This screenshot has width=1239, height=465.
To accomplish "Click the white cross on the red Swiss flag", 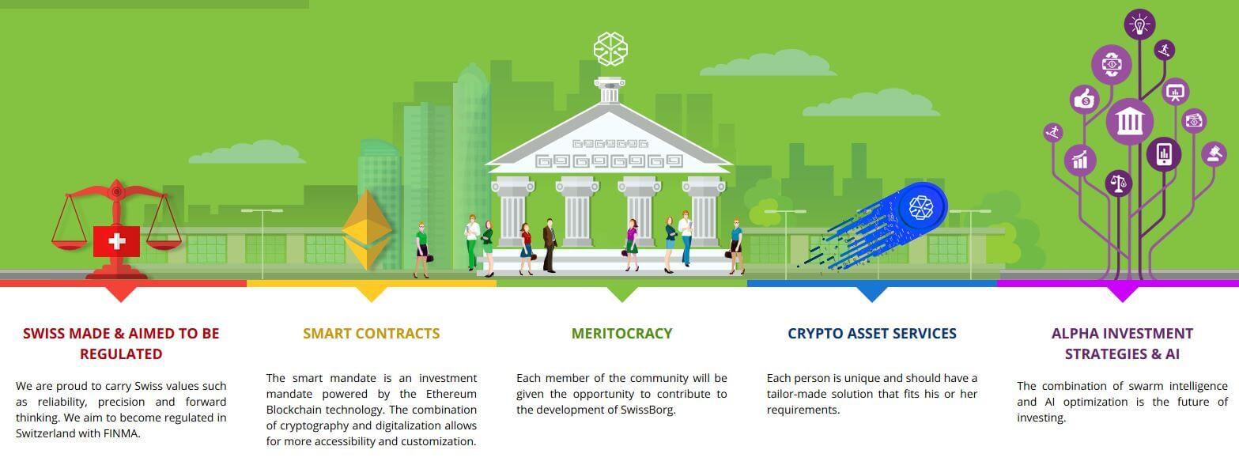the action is click(x=116, y=241).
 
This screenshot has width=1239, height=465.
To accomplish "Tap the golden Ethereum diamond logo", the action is click(x=367, y=229).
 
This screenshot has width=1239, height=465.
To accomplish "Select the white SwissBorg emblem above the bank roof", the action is click(x=610, y=49).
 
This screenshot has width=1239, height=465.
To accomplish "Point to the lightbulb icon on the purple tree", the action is click(x=1139, y=25).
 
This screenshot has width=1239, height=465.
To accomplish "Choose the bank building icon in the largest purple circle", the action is click(x=1129, y=122).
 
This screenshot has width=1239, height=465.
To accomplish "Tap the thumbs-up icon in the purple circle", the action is click(x=1084, y=100).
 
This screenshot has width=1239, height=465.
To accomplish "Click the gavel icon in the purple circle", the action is click(x=1214, y=153).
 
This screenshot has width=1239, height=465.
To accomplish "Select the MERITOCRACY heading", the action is click(x=621, y=334).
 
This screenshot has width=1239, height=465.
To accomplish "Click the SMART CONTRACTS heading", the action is click(x=371, y=334).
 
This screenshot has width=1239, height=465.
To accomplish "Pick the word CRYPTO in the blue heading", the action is click(x=811, y=334).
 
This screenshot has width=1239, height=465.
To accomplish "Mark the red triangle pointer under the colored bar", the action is click(x=121, y=294).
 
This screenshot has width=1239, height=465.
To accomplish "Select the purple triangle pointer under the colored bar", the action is click(x=1122, y=294).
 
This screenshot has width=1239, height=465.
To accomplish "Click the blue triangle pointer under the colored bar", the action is click(x=871, y=294).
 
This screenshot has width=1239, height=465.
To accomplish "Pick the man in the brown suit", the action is click(x=550, y=245).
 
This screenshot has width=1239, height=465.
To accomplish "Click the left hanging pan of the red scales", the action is click(x=69, y=242).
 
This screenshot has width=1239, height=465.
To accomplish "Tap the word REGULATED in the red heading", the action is click(x=121, y=353).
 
